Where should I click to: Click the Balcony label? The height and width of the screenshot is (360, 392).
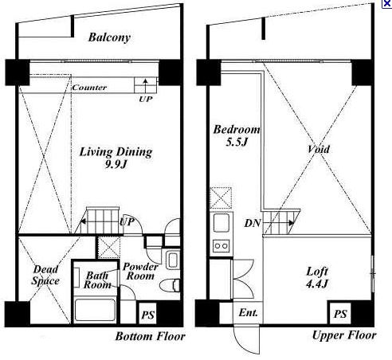(x=109, y=37)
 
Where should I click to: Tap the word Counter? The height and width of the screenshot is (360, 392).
(x=89, y=88)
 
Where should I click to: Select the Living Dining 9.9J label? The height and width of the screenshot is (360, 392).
(x=116, y=158)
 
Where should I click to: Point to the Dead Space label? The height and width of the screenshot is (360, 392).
(x=45, y=276)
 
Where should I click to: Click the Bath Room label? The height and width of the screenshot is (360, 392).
(x=97, y=280)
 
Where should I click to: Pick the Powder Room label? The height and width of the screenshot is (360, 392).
(x=140, y=272)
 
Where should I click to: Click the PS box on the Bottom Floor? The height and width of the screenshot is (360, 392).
(x=148, y=314)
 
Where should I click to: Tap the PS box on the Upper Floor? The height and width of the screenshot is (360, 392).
(x=340, y=314)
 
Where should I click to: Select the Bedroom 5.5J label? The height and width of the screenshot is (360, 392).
(x=237, y=135)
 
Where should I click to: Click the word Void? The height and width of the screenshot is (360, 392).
(x=319, y=149)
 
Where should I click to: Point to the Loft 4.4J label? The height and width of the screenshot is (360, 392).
(x=317, y=278)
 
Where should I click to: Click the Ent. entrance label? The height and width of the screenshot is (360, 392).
(x=248, y=313)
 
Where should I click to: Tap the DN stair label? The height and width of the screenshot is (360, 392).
(x=253, y=223)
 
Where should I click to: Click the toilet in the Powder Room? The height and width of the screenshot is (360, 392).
(x=170, y=284)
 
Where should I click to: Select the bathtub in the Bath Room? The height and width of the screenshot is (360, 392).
(x=95, y=311)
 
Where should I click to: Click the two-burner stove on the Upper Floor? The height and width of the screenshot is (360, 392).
(x=221, y=245)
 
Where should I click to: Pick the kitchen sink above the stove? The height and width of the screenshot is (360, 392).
(x=221, y=222)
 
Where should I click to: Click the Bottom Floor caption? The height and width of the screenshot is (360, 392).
(x=150, y=337)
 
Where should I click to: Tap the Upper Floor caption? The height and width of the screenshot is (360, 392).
(x=344, y=335)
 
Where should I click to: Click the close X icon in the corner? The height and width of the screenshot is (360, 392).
(x=387, y=4)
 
